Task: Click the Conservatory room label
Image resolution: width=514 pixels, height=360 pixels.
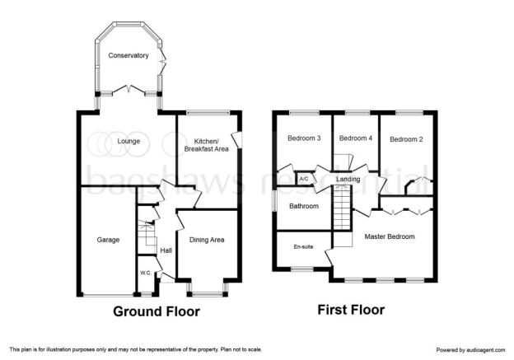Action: [128, 55]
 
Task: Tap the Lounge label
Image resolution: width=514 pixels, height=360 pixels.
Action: [128, 141]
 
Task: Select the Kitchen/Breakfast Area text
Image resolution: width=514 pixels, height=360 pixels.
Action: [207, 145]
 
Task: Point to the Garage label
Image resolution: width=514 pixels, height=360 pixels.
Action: [108, 240]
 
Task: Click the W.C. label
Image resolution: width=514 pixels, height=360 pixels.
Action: [146, 273]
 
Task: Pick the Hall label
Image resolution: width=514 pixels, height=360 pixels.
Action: [166, 250]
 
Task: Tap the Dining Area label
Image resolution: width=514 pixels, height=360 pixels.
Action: [207, 240]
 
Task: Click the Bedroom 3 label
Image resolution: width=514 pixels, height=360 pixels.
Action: [304, 138]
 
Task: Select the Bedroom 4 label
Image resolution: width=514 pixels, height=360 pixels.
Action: [356, 138]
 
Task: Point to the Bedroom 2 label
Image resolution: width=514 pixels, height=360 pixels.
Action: [406, 139]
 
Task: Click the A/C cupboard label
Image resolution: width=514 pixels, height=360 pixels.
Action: [304, 179]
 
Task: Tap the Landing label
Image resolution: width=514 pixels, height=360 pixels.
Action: [348, 179]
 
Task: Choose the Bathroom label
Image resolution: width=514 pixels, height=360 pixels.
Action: [304, 206]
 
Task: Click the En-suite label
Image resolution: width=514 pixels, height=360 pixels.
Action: [304, 246]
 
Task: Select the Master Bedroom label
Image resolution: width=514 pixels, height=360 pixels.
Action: [390, 236]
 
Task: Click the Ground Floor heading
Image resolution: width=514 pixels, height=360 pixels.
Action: [157, 311]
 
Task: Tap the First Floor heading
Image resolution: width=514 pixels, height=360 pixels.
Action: [351, 310]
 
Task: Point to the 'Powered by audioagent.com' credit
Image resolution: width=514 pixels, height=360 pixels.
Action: [470, 350]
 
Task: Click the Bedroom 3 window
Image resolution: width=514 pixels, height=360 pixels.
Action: [304, 113]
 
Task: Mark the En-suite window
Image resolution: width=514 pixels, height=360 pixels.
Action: [302, 269]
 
